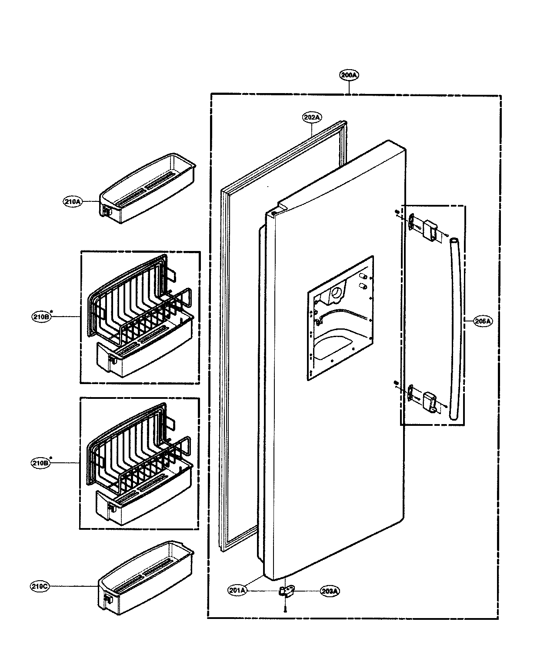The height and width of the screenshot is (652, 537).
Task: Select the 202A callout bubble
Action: pos(312,117)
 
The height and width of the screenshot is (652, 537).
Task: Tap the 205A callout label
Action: pos(483,321)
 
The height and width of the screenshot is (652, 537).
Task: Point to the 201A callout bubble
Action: pos(237,590)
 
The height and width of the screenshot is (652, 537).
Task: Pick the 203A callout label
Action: pos(330,591)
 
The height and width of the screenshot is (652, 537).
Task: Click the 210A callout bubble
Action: pos(73,202)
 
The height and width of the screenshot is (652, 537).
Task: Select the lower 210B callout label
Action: pos(41,463)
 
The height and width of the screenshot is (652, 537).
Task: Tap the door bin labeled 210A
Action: pos(148,188)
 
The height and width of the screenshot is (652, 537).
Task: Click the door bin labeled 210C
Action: pos(146,574)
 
